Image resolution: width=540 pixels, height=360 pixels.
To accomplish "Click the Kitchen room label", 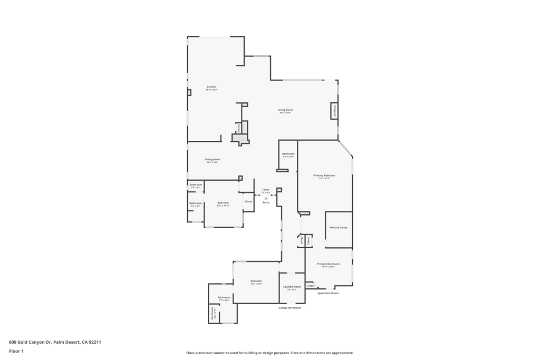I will [211, 87].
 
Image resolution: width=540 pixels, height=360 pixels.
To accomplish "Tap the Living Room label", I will [285, 110].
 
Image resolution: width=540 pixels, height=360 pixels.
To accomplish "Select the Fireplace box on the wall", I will [334, 111].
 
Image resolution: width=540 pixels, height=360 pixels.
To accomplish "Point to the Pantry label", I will [239, 128].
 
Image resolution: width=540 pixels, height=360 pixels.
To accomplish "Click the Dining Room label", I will [213, 159].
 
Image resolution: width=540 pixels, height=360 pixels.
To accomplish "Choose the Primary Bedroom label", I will [324, 176].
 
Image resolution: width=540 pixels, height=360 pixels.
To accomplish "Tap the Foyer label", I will [266, 190].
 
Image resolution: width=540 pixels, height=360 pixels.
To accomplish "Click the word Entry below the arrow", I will [266, 202].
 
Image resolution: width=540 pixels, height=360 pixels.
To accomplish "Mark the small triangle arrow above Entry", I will [266, 198].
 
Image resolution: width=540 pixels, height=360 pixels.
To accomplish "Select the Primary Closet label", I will [339, 228].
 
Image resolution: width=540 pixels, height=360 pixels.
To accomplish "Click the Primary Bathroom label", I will [328, 264].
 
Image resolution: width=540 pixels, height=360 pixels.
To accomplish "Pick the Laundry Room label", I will [292, 287].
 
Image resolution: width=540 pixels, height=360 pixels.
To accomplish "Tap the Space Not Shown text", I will [328, 293].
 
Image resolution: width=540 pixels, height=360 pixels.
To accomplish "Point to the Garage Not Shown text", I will [290, 308].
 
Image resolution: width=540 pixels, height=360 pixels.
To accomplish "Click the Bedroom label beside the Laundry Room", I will [256, 281].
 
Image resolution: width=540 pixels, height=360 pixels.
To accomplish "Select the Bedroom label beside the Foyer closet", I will [223, 203].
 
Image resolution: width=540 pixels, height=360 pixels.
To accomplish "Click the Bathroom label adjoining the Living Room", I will [288, 154].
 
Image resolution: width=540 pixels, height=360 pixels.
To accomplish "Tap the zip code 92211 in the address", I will [95, 342].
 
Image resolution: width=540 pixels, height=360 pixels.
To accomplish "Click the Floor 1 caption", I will [16, 351].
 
